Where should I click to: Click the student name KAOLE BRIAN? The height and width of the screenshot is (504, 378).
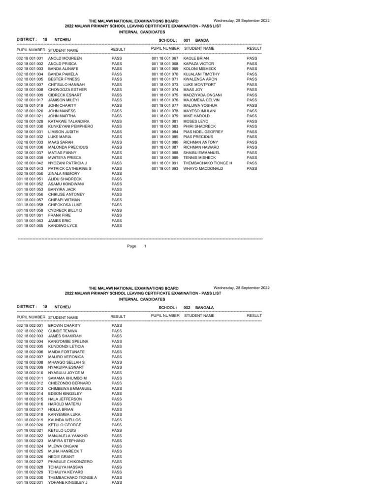click(196, 58)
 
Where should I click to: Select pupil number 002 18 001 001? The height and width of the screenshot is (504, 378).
click(30, 58)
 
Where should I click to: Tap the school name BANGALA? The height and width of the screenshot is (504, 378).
click(204, 307)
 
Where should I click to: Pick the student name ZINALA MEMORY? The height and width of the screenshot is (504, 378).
click(64, 174)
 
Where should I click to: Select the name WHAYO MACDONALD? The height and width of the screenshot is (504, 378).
click(203, 168)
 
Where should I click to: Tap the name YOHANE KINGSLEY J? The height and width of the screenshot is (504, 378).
click(67, 483)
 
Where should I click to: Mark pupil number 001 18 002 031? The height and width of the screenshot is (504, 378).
click(30, 483)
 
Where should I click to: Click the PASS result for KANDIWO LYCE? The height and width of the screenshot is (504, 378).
click(117, 226)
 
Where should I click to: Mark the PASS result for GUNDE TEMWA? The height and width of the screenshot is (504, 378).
click(117, 331)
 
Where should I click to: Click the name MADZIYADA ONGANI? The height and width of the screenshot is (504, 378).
click(202, 95)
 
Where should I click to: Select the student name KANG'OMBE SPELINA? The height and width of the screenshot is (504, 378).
click(68, 342)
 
